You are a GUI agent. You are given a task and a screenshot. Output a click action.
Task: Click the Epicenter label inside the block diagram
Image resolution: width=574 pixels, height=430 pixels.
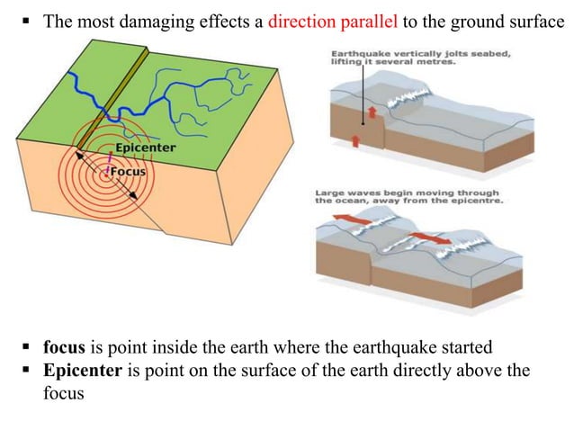point(144,148)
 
